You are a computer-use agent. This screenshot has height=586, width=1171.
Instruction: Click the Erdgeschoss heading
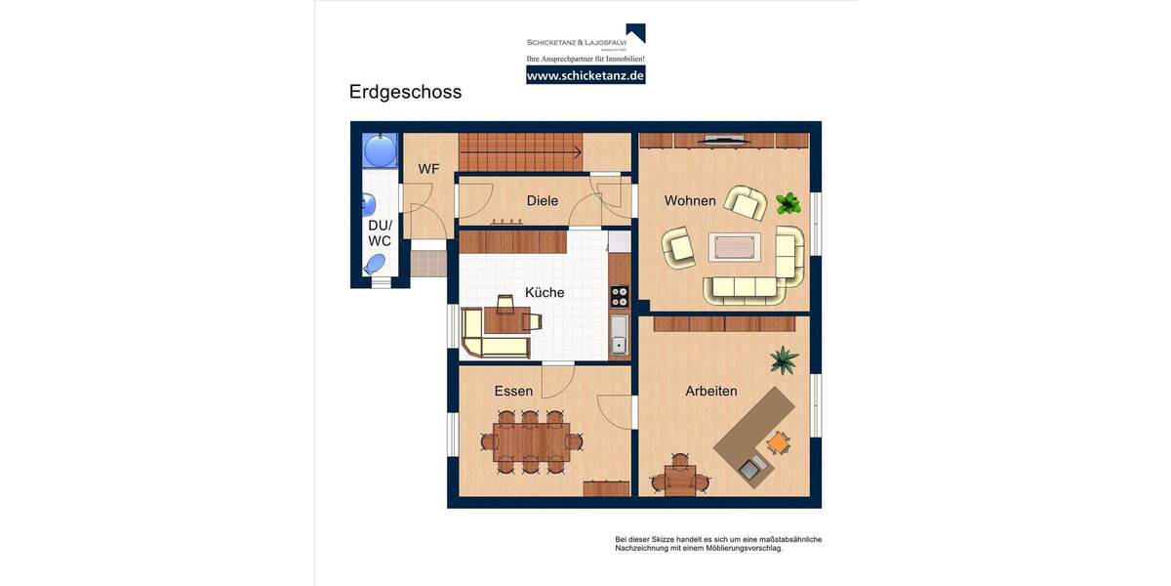click(405, 92)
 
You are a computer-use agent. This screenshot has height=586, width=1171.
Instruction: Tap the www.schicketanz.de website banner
click(585, 75)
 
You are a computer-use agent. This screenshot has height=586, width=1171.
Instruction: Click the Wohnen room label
click(690, 201)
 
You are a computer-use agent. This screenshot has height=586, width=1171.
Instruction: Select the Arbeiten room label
click(710, 392)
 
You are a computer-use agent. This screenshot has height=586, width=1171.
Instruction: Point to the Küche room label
click(545, 292)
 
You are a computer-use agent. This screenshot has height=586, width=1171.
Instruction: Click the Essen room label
click(513, 392)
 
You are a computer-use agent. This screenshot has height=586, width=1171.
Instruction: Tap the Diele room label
click(542, 201)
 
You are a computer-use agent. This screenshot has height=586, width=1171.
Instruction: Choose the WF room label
click(428, 169)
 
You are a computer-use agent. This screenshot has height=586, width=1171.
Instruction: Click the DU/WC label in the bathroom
click(380, 233)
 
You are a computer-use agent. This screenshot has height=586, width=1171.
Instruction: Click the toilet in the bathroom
click(375, 264)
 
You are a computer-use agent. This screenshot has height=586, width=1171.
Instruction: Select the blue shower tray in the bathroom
click(380, 150)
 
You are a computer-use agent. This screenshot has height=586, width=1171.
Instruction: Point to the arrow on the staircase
click(576, 151)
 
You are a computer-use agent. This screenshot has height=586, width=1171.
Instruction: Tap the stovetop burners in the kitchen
click(620, 296)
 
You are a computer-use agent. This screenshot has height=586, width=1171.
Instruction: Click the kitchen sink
click(619, 334)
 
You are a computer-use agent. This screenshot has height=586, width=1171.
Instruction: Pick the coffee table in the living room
click(734, 247)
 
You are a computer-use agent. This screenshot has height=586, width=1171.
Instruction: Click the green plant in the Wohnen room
click(788, 203)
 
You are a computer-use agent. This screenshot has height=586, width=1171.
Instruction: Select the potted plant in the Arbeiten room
click(783, 360)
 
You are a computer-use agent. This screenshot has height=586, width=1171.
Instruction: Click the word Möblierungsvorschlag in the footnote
click(741, 548)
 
